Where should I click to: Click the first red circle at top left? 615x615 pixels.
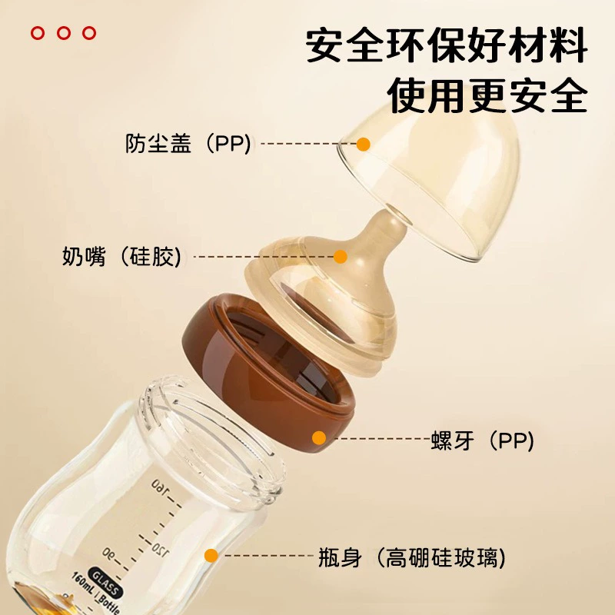point(38,33)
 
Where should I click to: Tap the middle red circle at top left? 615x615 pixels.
point(64,33)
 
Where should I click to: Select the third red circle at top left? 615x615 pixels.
point(89,33)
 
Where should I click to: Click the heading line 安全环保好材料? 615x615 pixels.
point(447,45)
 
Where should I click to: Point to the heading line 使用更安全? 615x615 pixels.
point(487,95)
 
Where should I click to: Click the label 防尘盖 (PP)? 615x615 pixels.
point(188,144)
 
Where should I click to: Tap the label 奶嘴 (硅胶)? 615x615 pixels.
point(122,257)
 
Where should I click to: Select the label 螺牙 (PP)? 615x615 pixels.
point(483,440)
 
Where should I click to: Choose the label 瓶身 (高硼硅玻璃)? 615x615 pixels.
point(412,557)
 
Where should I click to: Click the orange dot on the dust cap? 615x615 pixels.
point(364,144)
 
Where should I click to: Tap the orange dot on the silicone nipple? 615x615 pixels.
point(341,257)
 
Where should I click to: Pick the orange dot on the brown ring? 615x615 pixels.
point(319,437)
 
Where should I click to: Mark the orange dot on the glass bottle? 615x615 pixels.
point(211,555)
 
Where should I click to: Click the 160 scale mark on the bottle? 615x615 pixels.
point(160,487)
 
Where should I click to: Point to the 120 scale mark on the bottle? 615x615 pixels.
point(161,549)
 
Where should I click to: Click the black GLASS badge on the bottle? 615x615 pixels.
point(105,582)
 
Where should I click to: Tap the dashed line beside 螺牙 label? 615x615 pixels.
point(381,438)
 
